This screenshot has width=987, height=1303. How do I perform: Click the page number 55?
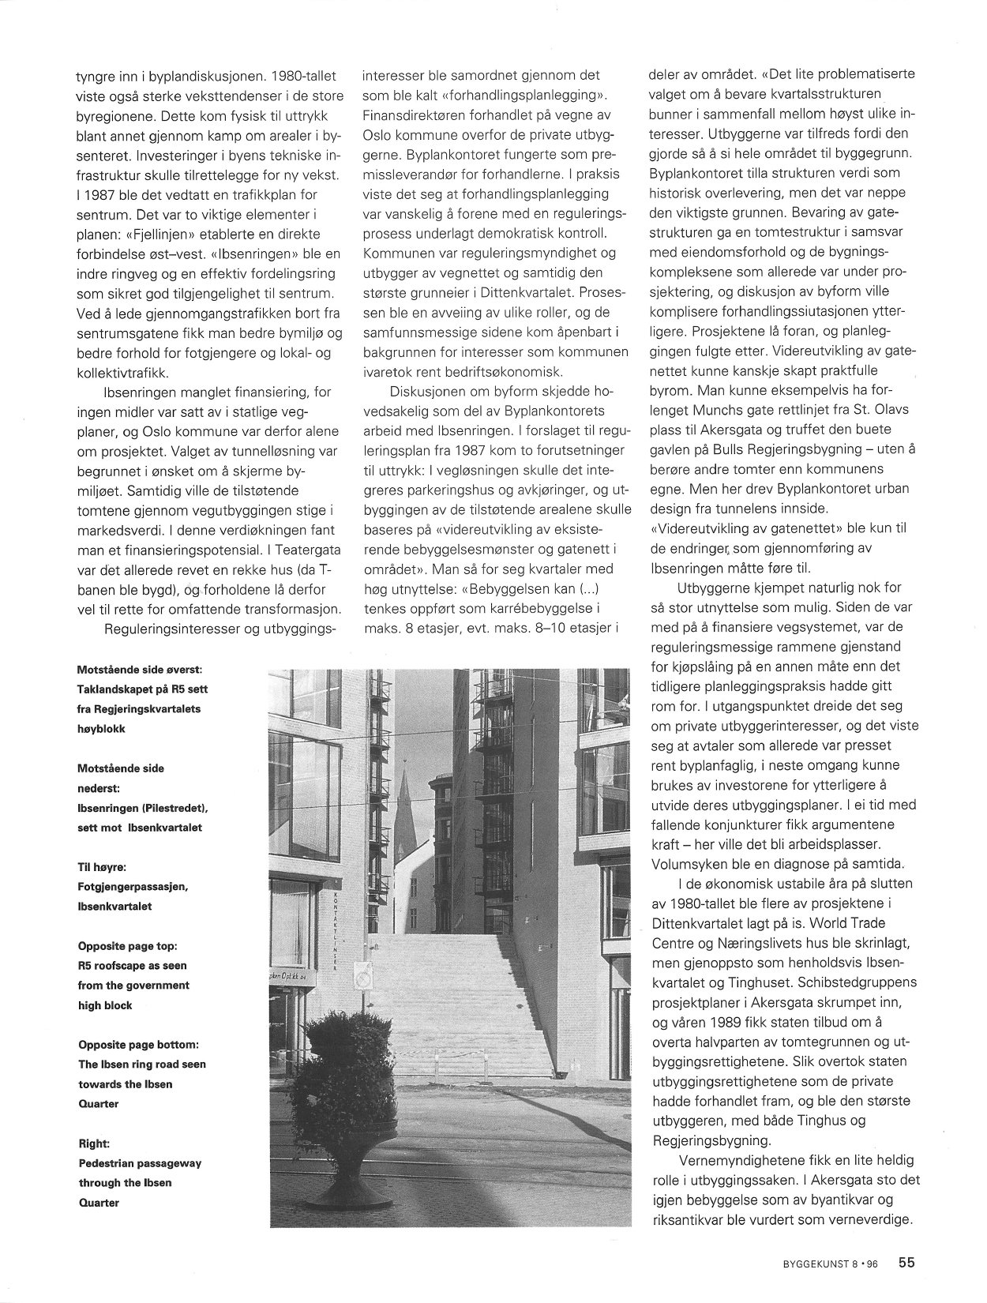point(906,1263)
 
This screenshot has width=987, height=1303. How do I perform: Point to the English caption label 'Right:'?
point(94,1143)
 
